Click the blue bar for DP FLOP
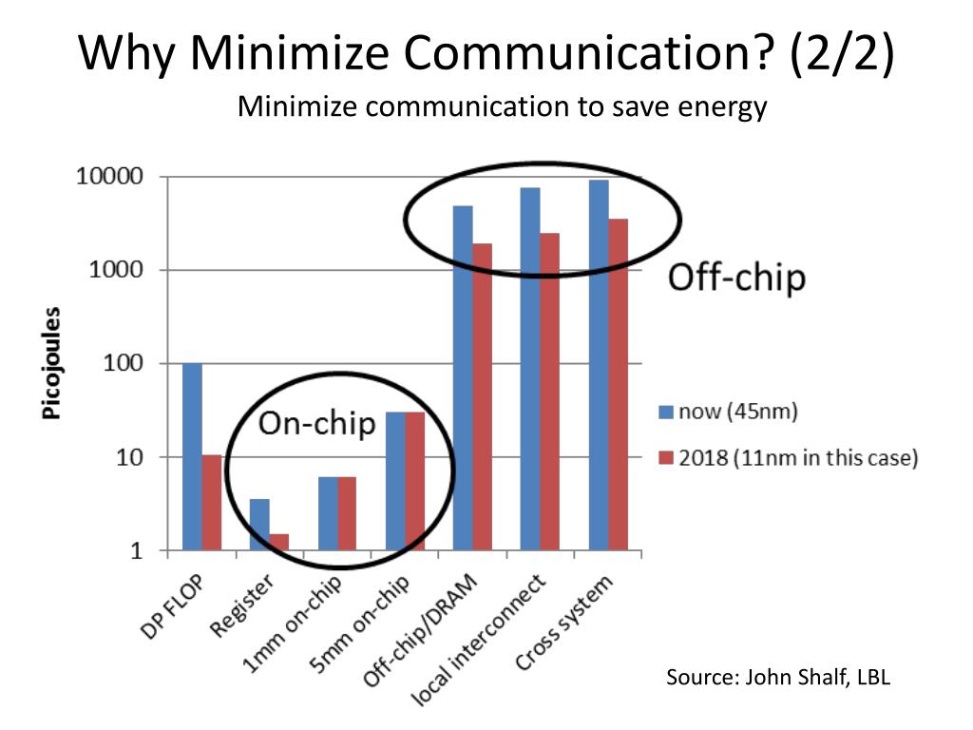coord(192,456)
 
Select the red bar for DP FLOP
coord(211,503)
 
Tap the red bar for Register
coord(278,542)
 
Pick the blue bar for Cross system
coord(599,365)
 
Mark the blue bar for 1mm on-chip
coord(327,513)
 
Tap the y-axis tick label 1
coord(136,551)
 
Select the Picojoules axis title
coord(50,364)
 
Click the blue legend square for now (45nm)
coord(666,413)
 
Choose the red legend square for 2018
coord(666,459)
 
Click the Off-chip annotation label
coord(736,279)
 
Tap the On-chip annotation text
coord(317,424)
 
